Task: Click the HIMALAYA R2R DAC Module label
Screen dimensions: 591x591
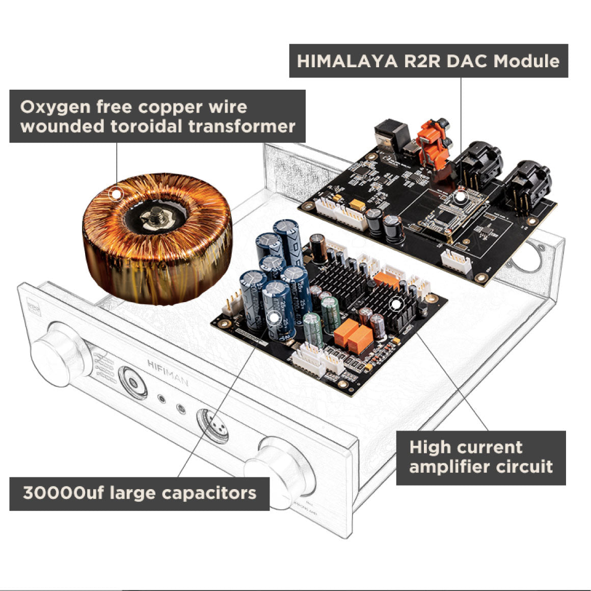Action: point(428,61)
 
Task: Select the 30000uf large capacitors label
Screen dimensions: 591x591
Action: point(139,493)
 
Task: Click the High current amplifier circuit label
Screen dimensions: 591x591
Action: point(480,457)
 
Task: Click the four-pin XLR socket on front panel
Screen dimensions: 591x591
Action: point(214,427)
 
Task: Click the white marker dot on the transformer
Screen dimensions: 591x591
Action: point(117,194)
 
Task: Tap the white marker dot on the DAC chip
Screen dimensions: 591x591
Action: point(460,195)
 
